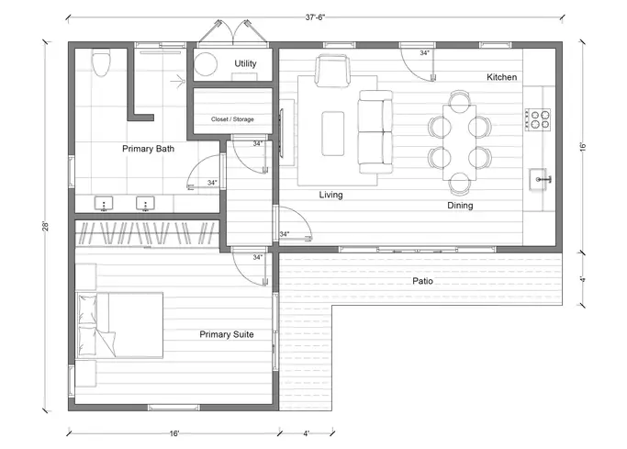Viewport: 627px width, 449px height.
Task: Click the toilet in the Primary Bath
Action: (x=101, y=62)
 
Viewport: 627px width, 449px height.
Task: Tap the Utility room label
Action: (x=245, y=63)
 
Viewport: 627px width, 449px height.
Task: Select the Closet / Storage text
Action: (x=232, y=119)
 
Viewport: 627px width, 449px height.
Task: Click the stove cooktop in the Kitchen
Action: (x=538, y=119)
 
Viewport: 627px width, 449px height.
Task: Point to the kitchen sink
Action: (x=540, y=180)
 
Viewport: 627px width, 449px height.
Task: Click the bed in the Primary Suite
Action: (x=120, y=325)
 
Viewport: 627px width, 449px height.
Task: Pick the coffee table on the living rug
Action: (x=333, y=133)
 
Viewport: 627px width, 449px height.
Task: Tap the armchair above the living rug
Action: (x=332, y=71)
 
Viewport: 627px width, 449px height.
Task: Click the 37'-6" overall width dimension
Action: (x=315, y=17)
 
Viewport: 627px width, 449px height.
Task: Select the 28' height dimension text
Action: (x=46, y=226)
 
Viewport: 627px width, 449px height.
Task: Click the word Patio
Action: (x=422, y=281)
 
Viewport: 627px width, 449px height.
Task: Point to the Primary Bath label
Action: (x=148, y=149)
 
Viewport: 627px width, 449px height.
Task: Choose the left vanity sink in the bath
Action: (x=104, y=204)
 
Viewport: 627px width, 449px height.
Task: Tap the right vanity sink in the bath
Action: (x=145, y=204)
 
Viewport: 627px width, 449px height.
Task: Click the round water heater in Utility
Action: (x=206, y=64)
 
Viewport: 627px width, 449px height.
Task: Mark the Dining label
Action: (x=460, y=206)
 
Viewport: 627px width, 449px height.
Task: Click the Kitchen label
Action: (x=501, y=77)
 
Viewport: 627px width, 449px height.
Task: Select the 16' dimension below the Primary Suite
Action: (x=174, y=433)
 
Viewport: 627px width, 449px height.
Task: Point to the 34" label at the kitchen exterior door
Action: (x=424, y=52)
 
